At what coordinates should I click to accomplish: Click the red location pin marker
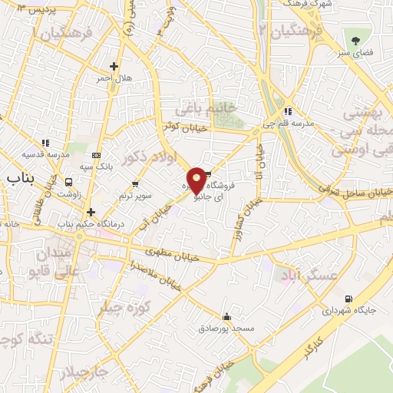[x=196, y=179]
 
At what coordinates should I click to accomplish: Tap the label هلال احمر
[x=114, y=78]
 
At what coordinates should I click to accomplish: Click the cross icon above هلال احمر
[x=114, y=67]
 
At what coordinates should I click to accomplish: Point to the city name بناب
[x=21, y=178]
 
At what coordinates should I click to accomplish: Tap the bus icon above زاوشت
[x=70, y=183]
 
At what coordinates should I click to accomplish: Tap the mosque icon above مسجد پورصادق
[x=226, y=316]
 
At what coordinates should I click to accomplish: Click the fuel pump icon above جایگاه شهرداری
[x=350, y=299]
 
